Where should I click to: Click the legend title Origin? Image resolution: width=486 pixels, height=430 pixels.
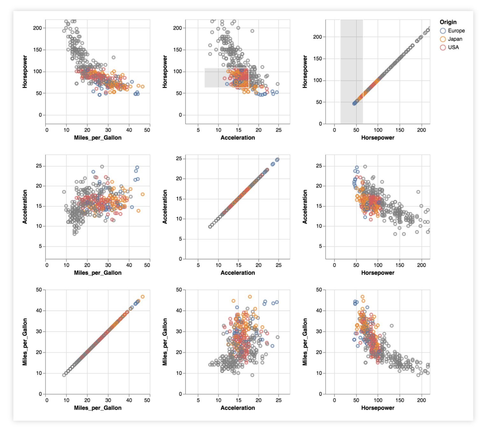click(448, 22)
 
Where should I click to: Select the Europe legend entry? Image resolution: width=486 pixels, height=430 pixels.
click(456, 31)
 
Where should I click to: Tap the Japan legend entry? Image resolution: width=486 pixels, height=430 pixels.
click(455, 39)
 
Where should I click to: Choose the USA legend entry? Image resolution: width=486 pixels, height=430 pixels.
click(453, 47)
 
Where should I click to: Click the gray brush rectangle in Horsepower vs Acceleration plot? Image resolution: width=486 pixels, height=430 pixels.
click(215, 78)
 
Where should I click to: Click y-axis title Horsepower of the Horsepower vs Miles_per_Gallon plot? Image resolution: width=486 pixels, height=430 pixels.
click(25, 72)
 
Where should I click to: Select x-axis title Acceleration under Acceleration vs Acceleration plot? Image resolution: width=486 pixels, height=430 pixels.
click(238, 273)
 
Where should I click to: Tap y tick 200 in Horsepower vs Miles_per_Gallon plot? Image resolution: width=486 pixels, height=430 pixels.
click(37, 28)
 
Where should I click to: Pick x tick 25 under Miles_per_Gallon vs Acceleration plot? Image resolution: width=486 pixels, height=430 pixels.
click(279, 400)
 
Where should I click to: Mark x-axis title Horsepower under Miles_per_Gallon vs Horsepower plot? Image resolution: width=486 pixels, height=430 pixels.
click(378, 408)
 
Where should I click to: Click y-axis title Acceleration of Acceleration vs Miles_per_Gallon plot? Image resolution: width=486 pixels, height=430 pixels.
click(25, 207)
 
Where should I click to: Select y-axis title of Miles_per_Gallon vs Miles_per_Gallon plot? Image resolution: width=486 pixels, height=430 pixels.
click(25, 342)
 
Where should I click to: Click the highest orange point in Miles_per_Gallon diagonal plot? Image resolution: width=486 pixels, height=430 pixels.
click(142, 297)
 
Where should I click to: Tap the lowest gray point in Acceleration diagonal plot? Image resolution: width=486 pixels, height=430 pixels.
click(210, 227)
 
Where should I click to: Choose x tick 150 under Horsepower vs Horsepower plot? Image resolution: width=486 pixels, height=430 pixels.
click(400, 130)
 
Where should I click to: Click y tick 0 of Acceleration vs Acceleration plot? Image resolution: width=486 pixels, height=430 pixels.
click(180, 259)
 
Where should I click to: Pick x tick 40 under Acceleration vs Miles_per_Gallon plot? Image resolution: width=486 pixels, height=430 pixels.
click(129, 265)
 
